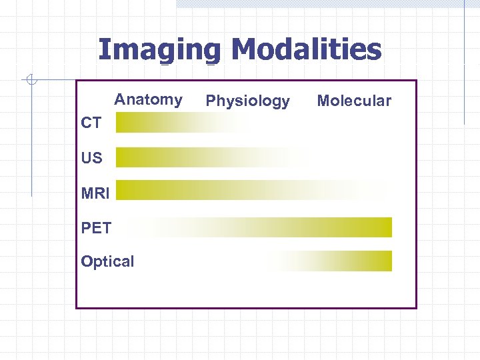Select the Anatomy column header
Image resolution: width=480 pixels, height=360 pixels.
[148, 100]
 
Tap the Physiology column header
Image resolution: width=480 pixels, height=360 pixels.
[247, 101]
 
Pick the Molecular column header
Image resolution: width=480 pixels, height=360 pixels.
[354, 101]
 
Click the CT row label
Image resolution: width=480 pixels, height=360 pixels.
[91, 123]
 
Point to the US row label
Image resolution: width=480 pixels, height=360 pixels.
[92, 158]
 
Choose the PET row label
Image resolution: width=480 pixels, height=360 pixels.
[96, 228]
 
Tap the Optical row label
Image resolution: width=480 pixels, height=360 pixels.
[107, 261]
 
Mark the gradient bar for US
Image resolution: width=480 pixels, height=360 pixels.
[207, 157]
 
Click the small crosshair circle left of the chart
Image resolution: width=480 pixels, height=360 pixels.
[30, 81]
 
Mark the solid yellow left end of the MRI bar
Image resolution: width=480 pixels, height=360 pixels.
[124, 190]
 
